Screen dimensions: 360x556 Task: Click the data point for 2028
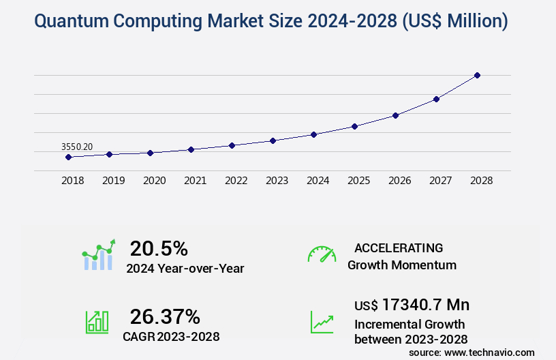(477, 75)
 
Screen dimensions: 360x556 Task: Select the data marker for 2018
(68, 157)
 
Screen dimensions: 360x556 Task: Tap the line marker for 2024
(313, 134)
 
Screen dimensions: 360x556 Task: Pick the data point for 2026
(395, 115)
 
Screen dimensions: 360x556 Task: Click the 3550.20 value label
(77, 146)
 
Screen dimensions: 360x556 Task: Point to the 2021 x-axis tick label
(195, 181)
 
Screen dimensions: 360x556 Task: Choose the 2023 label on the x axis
(277, 181)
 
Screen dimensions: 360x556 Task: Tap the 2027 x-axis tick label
(440, 181)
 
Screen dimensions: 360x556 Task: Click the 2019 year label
(113, 181)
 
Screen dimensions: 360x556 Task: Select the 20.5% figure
(159, 248)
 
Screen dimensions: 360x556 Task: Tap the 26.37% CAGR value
(165, 316)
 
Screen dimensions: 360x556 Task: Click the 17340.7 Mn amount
(425, 304)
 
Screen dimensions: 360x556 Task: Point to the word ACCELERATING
(399, 247)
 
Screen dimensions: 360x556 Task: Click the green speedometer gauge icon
(322, 254)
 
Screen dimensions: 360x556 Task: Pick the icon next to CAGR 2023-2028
(97, 321)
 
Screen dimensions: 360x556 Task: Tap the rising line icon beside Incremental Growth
(322, 321)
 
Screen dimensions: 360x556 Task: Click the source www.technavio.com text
(472, 352)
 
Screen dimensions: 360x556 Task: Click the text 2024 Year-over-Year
(185, 268)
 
